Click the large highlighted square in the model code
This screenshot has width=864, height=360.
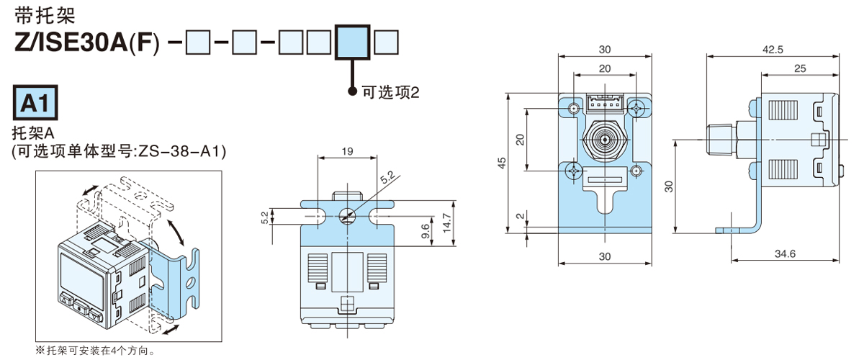point(353,42)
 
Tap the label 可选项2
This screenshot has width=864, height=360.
point(390,92)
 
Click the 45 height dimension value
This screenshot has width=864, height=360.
point(501,162)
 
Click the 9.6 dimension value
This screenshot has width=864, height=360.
point(425,232)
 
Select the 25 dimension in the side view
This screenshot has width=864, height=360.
point(800,68)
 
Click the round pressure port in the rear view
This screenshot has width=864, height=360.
point(605,138)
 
